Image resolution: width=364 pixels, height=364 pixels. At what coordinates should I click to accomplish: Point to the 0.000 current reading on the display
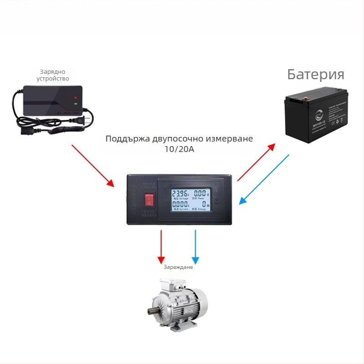tap(180, 206)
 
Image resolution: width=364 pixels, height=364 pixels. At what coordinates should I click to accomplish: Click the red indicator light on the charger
tap(76, 97)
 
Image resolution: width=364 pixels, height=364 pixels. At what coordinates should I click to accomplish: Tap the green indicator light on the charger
tap(76, 106)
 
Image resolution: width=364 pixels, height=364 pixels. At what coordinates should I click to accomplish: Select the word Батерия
tap(315, 75)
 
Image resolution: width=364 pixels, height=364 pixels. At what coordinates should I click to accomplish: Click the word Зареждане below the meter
tap(178, 267)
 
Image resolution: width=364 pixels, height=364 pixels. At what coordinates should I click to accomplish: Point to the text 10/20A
tap(179, 149)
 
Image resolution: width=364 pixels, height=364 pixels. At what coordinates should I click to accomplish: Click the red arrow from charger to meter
tap(93, 166)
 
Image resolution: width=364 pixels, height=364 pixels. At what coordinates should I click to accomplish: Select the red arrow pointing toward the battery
tap(256, 162)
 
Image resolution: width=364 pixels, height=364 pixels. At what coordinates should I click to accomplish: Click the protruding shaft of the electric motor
tap(151, 312)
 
